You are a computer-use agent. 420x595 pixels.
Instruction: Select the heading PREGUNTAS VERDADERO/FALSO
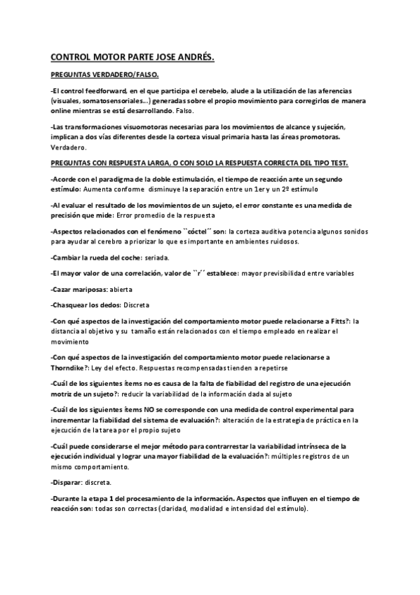coord(105,74)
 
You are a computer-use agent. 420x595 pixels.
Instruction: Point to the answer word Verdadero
coord(69,148)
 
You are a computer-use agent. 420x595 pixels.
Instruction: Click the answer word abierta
coord(121,289)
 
